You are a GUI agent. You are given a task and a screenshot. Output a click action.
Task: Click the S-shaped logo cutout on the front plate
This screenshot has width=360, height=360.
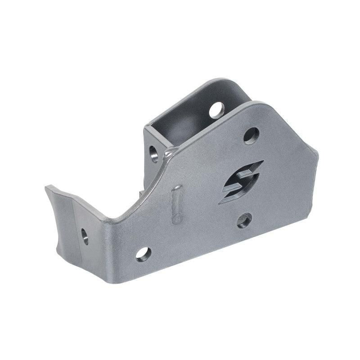click(x=240, y=182)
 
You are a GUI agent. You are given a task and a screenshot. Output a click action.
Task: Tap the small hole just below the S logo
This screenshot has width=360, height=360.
click(x=244, y=220)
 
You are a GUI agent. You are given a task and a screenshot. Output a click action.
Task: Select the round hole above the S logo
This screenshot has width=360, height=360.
click(x=251, y=135)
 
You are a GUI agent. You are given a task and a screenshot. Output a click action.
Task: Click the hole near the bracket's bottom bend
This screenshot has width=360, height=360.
click(x=143, y=253)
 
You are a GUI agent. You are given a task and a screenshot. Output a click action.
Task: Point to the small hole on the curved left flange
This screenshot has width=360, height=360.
click(x=85, y=236)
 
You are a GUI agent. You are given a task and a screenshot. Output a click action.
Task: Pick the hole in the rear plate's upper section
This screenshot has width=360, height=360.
click(x=217, y=110)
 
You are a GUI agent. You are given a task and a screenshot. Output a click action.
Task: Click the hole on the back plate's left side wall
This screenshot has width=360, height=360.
click(x=154, y=153)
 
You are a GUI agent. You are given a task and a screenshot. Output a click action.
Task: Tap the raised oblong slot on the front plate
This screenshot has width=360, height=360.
click(x=177, y=204)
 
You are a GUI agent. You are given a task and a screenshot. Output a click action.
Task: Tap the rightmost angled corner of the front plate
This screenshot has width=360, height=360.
click(x=317, y=155)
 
